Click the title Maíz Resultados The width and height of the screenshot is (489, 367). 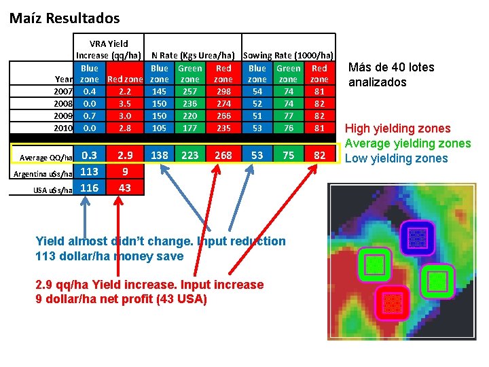[x=65, y=18]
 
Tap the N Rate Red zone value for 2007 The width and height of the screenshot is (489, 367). [x=223, y=91]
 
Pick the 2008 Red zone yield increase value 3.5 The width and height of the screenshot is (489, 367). [x=124, y=103]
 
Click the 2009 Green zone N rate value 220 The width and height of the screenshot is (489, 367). [x=189, y=116]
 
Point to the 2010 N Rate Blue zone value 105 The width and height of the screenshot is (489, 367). [x=160, y=128]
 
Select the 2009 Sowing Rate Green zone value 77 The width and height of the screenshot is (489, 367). [x=289, y=116]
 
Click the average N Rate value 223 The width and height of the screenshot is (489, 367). [x=189, y=156]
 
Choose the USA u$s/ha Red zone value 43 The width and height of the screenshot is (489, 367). [x=124, y=187]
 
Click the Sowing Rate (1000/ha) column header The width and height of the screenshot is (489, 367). [x=288, y=55]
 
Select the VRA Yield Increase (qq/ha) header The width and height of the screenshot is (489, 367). [x=109, y=49]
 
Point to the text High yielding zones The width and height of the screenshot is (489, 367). [x=397, y=128]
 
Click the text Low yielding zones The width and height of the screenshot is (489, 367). [x=397, y=158]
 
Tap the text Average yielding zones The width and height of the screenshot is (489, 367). [x=407, y=143]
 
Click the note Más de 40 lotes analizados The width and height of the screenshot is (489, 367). [x=391, y=75]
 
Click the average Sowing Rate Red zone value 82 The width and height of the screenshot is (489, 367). [x=319, y=156]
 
